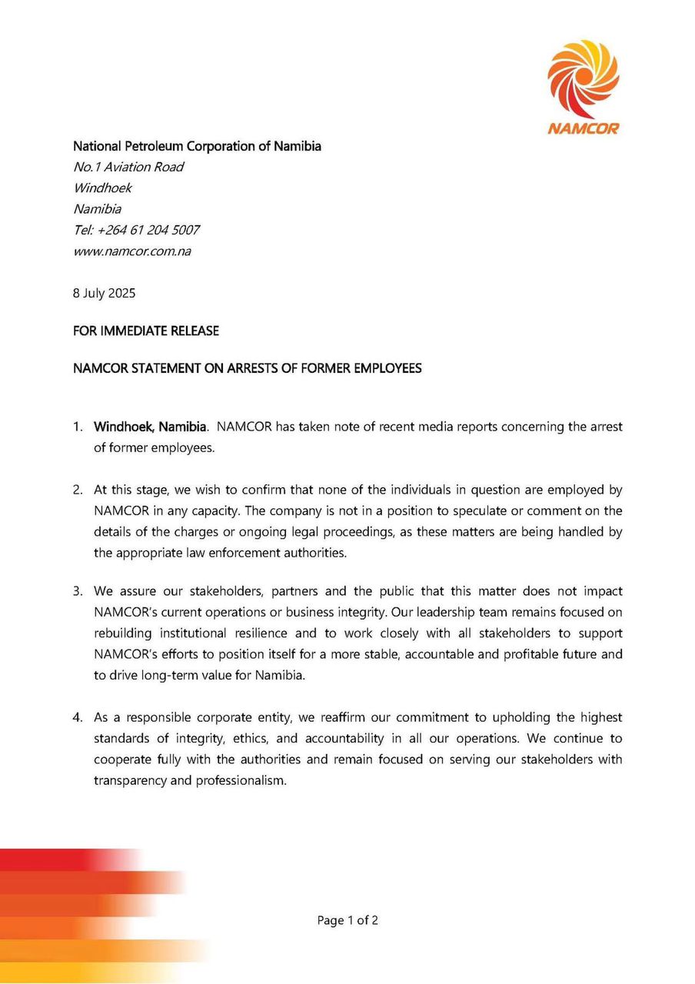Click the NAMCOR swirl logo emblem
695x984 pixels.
point(583,77)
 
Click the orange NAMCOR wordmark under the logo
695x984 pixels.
point(583,128)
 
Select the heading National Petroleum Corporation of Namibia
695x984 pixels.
point(197,146)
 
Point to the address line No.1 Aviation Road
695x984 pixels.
point(128,167)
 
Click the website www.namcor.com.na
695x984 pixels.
point(131,251)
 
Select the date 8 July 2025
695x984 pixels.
point(105,293)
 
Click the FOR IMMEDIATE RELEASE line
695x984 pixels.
point(146,331)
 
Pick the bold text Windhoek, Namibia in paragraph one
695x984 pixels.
point(150,426)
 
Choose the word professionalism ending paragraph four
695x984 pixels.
point(240,780)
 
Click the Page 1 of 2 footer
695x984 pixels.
point(347,920)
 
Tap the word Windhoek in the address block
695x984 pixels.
point(102,188)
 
